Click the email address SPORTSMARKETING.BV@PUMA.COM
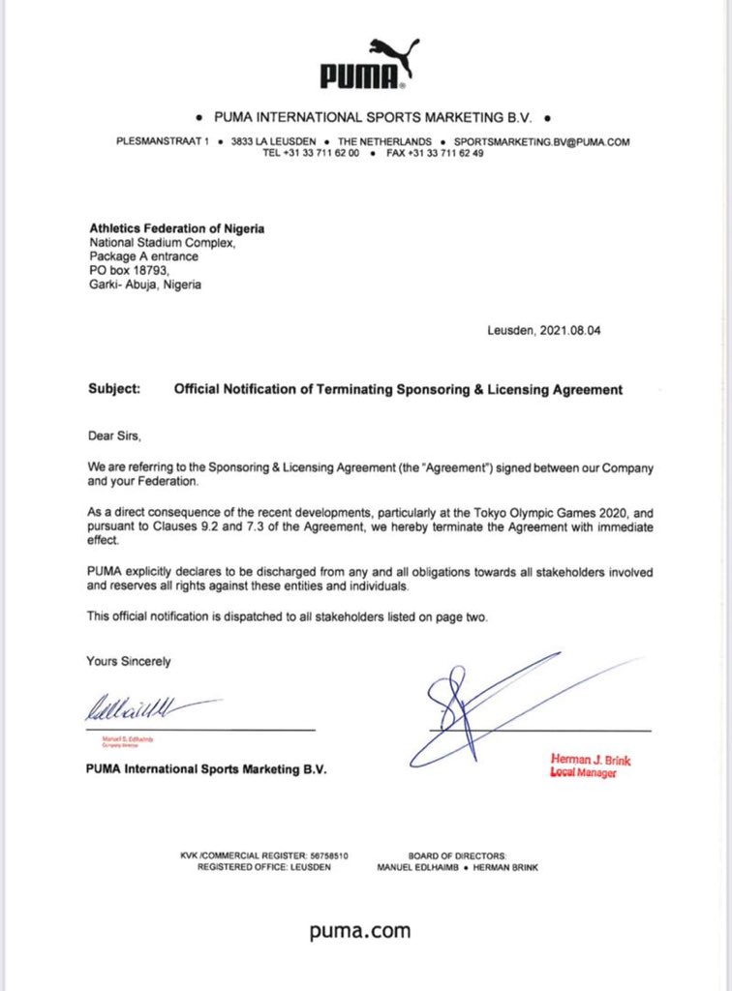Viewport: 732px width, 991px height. (547, 142)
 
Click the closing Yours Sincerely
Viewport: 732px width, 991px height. (129, 662)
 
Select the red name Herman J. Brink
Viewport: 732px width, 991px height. (591, 760)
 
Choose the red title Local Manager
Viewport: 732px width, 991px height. (583, 773)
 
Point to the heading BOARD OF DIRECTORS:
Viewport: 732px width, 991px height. (458, 856)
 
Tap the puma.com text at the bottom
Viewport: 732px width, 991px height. (360, 932)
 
